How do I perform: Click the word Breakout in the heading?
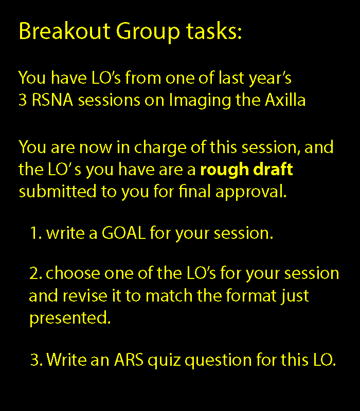point(65,31)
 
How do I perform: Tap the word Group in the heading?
point(148,32)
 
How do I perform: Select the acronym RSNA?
point(52,100)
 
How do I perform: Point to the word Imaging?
point(200,101)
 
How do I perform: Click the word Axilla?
point(285,100)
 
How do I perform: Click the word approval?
point(251,192)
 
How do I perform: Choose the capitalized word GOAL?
point(123,233)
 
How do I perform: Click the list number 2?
point(35,273)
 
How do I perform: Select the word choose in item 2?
point(73,273)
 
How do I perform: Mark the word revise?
point(85,295)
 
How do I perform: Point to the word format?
point(251,295)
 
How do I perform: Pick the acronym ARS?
point(129,360)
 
